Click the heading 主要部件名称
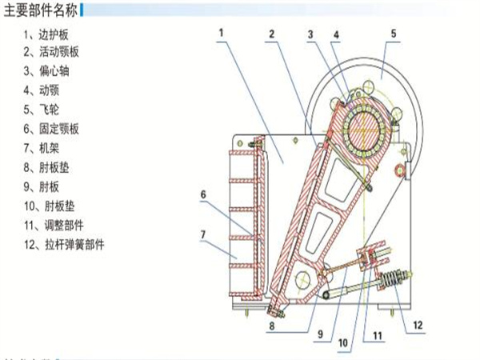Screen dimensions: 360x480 [41, 11]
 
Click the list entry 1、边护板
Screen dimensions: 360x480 [49, 34]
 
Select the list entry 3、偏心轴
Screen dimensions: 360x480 [49, 71]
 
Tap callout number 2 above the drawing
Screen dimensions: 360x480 [272, 34]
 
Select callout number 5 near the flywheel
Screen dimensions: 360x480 [394, 34]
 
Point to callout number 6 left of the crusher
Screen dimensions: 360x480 [204, 194]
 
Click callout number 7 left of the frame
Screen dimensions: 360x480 [204, 235]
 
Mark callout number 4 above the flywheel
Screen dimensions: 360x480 [336, 34]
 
